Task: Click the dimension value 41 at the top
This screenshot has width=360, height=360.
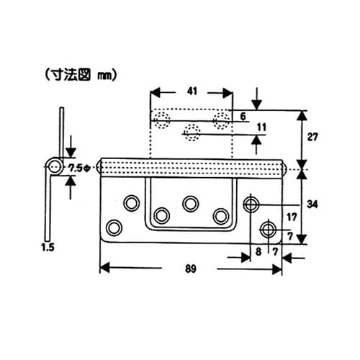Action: pyautogui.click(x=191, y=92)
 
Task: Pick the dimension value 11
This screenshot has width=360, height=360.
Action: pyautogui.click(x=261, y=127)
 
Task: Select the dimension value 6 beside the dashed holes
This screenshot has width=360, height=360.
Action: pyautogui.click(x=243, y=116)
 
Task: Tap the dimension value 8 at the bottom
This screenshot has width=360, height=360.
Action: pyautogui.click(x=258, y=251)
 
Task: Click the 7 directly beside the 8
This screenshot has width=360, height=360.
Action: pyautogui.click(x=274, y=251)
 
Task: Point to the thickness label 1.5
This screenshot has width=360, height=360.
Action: pyautogui.click(x=48, y=247)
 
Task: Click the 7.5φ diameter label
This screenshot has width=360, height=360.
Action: pyautogui.click(x=77, y=168)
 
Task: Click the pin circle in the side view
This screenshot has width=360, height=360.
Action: pyautogui.click(x=53, y=167)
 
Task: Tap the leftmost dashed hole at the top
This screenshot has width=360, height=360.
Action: pyautogui.click(x=162, y=119)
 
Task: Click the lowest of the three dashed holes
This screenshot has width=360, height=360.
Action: pyautogui.click(x=192, y=131)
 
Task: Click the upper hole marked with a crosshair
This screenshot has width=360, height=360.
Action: pyautogui.click(x=251, y=204)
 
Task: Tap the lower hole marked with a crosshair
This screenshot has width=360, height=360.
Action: pyautogui.click(x=269, y=230)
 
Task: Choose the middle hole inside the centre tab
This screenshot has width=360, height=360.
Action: pyautogui.click(x=191, y=204)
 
